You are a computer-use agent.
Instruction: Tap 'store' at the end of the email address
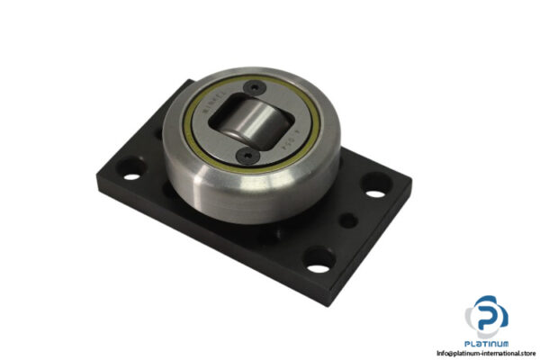[523, 353]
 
